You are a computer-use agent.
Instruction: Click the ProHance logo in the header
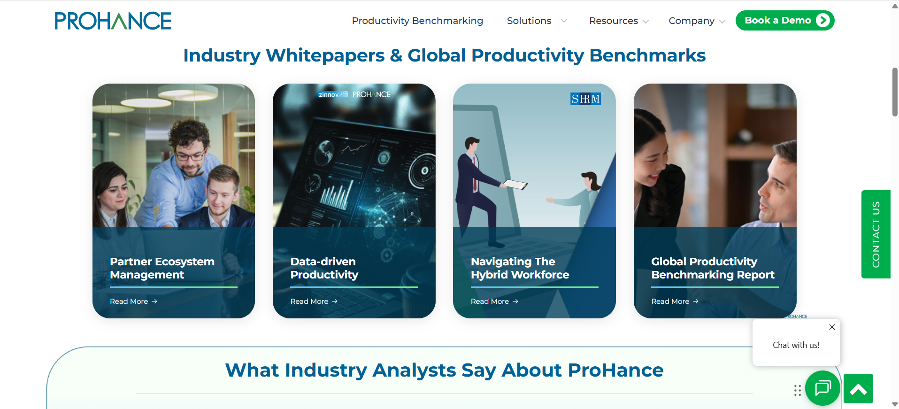[x=113, y=21]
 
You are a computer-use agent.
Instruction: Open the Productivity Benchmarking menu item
[x=417, y=21]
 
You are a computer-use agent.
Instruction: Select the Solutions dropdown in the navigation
[x=537, y=21]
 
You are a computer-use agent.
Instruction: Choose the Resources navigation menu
[x=619, y=21]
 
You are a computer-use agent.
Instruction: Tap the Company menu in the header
[x=697, y=21]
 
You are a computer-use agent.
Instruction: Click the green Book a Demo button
[x=785, y=20]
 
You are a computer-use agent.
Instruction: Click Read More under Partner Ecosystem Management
[x=133, y=301]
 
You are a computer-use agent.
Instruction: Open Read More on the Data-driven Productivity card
[x=314, y=301]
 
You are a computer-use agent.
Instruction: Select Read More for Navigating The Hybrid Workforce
[x=494, y=301]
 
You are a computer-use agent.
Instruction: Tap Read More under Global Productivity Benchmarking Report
[x=675, y=301]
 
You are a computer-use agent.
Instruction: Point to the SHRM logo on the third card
[x=585, y=99]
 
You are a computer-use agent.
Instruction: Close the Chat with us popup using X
[x=832, y=327]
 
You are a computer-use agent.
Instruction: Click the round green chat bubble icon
[x=822, y=388]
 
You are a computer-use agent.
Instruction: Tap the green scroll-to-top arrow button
[x=858, y=388]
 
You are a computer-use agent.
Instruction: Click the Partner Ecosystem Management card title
[x=162, y=268]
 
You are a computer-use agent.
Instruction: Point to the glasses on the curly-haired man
[x=190, y=155]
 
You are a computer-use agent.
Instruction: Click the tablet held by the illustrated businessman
[x=515, y=185]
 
